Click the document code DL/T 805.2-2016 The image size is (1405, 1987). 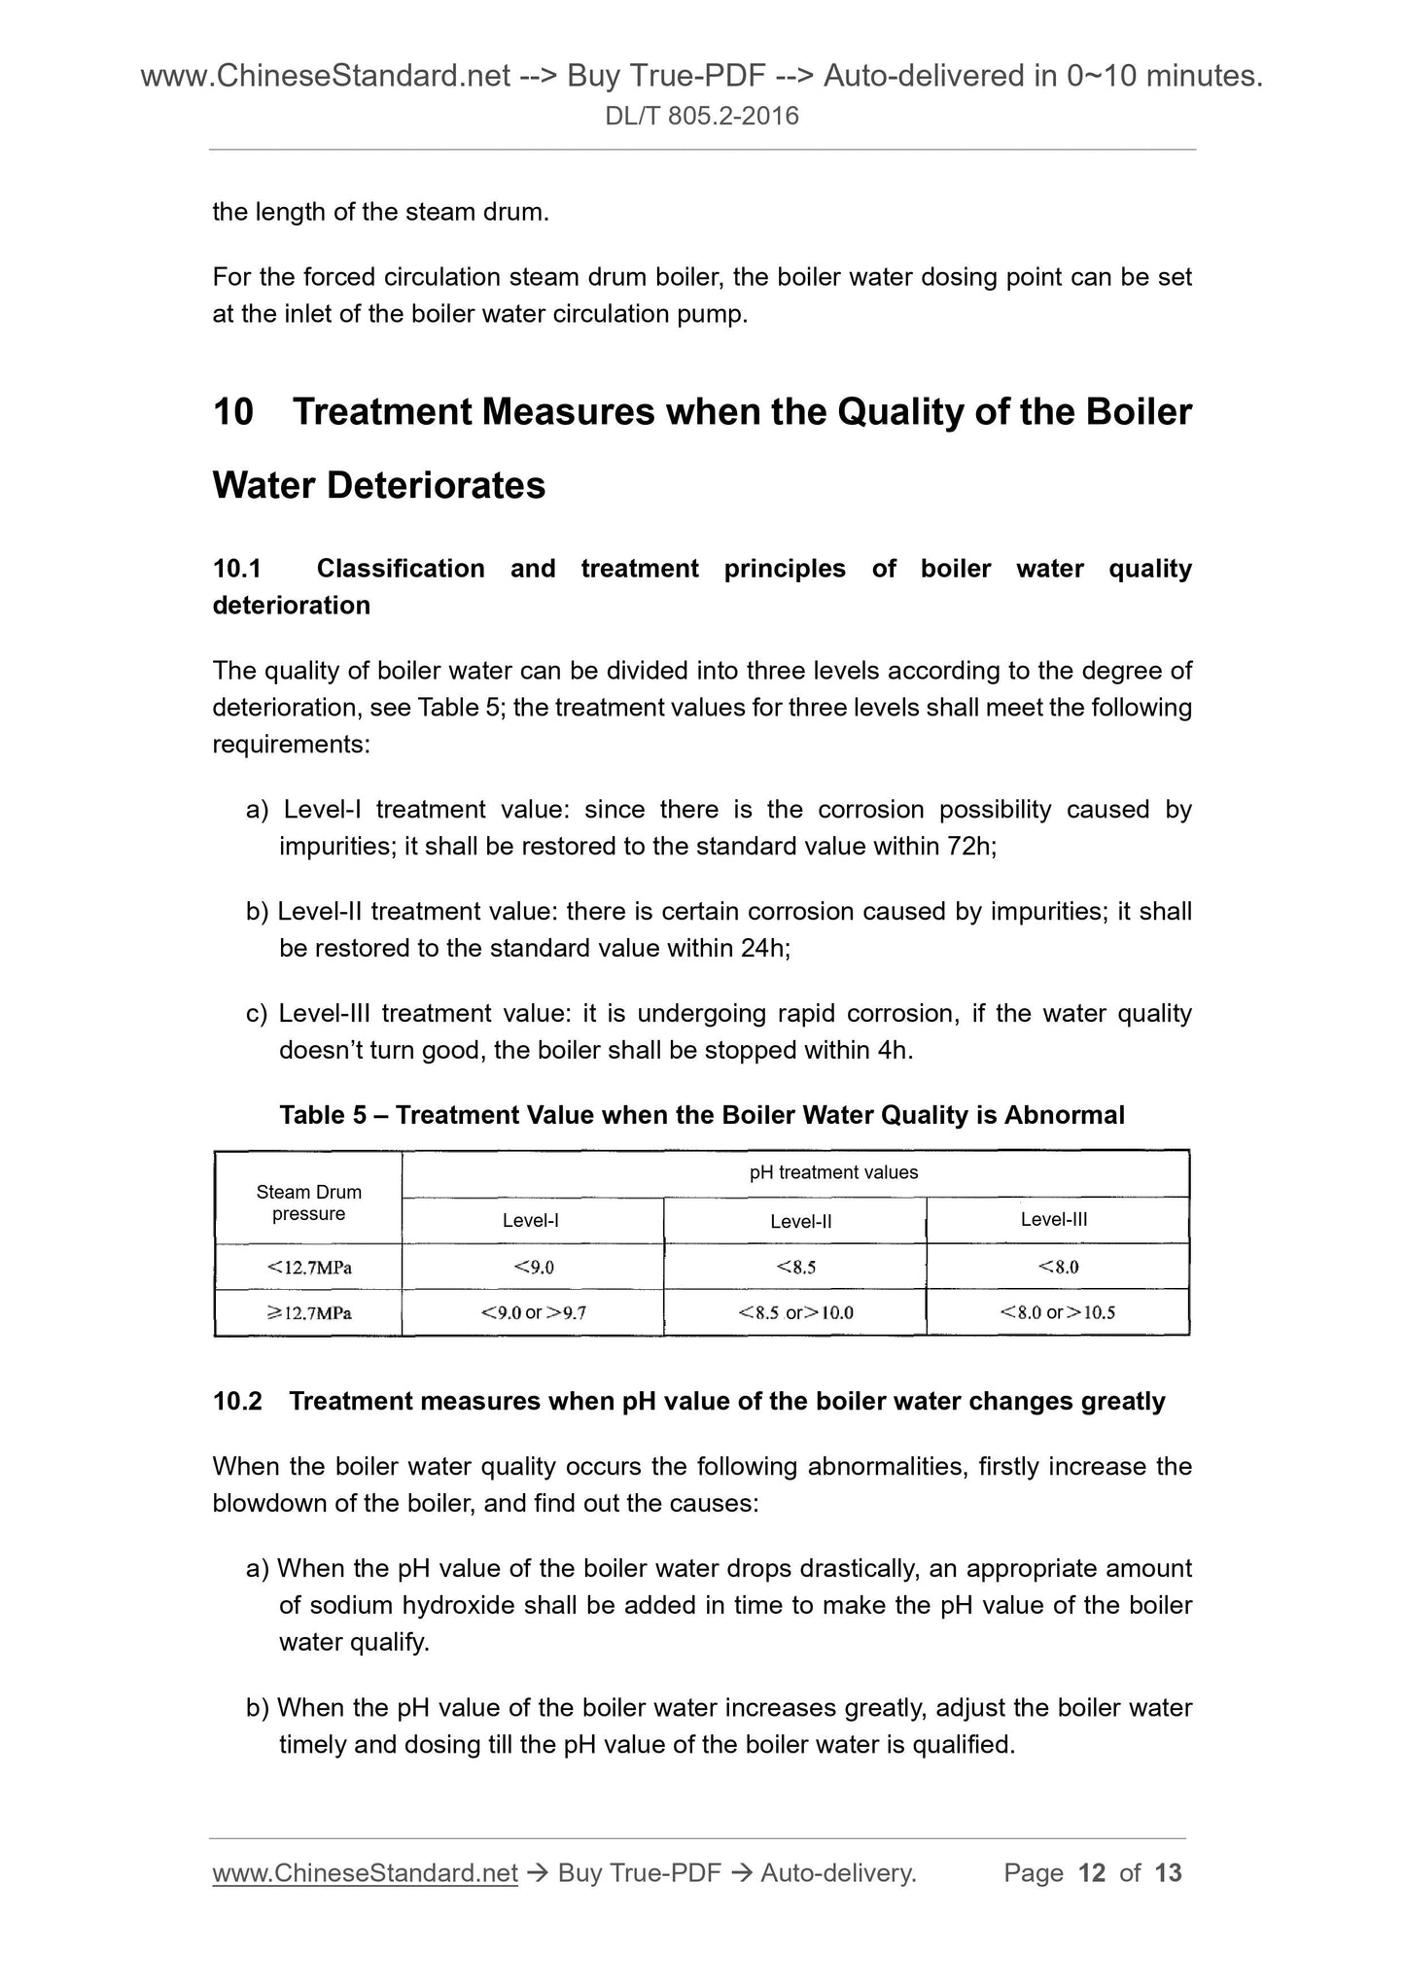coord(702,117)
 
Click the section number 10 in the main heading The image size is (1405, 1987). coord(232,412)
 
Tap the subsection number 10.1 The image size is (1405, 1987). coord(237,569)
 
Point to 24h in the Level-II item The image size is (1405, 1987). coord(764,949)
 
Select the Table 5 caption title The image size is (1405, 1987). coord(701,1115)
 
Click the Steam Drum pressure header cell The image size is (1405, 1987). coord(308,1203)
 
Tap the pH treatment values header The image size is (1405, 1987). coord(833,1173)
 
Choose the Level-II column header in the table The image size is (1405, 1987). coord(800,1221)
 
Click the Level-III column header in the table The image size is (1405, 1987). coord(1054,1220)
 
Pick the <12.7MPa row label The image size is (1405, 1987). coord(308,1267)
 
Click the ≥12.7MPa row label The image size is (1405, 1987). coord(308,1313)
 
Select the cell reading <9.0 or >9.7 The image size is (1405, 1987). coord(533,1313)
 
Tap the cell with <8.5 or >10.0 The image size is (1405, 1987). coord(795,1313)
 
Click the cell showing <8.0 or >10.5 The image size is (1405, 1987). coord(1057,1313)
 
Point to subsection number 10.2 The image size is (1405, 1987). coord(237,1402)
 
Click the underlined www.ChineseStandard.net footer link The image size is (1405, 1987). coord(365,1873)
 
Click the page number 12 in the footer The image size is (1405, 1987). coord(1092,1873)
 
